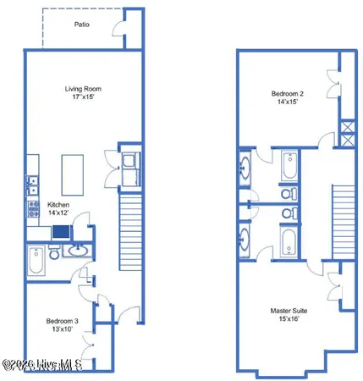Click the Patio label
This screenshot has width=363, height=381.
pyautogui.click(x=81, y=25)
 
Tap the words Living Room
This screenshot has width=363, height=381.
pyautogui.click(x=82, y=89)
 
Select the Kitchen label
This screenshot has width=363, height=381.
pyautogui.click(x=58, y=205)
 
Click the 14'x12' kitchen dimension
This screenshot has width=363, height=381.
pyautogui.click(x=58, y=214)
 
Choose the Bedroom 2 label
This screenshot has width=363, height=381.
pyautogui.click(x=288, y=92)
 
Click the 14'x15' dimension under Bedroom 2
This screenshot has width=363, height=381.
pyautogui.click(x=288, y=102)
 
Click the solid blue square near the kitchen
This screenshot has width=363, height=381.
pyautogui.click(x=61, y=231)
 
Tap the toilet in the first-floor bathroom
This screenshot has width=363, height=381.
pyautogui.click(x=55, y=252)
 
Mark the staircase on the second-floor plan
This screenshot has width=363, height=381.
pyautogui.click(x=340, y=216)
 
